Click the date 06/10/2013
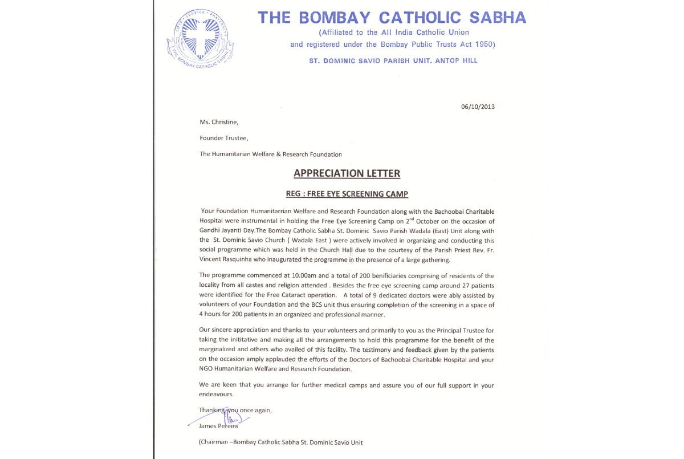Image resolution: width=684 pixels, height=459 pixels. [478, 107]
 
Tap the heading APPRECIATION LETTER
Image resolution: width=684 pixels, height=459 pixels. [347, 173]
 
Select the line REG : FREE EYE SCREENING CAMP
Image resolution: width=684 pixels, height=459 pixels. [347, 194]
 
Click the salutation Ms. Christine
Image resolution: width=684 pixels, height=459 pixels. [219, 121]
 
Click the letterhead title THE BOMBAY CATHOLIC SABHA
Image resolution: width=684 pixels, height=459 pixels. [392, 18]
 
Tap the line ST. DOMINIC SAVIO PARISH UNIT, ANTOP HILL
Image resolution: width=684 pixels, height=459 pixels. [393, 60]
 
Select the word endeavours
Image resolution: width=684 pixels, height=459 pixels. [216, 394]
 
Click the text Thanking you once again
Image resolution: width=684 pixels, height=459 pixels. [235, 410]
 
